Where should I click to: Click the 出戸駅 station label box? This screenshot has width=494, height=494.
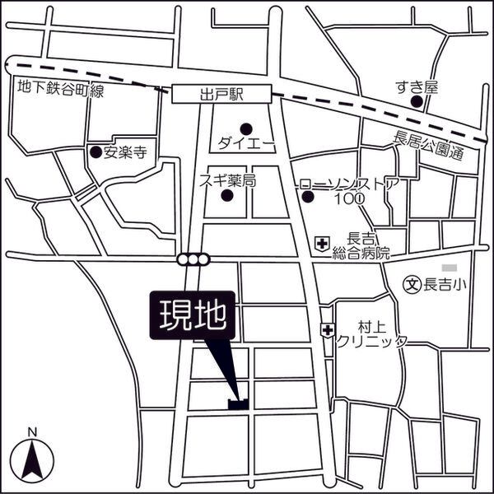[x=222, y=95]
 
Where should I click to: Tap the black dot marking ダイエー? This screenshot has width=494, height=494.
[x=246, y=127]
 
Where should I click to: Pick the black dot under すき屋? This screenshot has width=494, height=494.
[x=417, y=102]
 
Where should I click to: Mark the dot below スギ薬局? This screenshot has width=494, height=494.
[x=228, y=196]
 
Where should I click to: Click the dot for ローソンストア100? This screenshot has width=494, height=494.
[x=308, y=196]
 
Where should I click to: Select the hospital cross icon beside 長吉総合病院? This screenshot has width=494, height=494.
[x=323, y=244]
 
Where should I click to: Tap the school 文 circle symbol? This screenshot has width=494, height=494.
[x=412, y=285]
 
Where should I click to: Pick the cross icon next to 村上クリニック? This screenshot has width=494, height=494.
[x=328, y=329]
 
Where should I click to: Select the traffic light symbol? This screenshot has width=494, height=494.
[x=193, y=260]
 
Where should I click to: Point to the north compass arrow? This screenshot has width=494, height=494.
[x=31, y=459]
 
